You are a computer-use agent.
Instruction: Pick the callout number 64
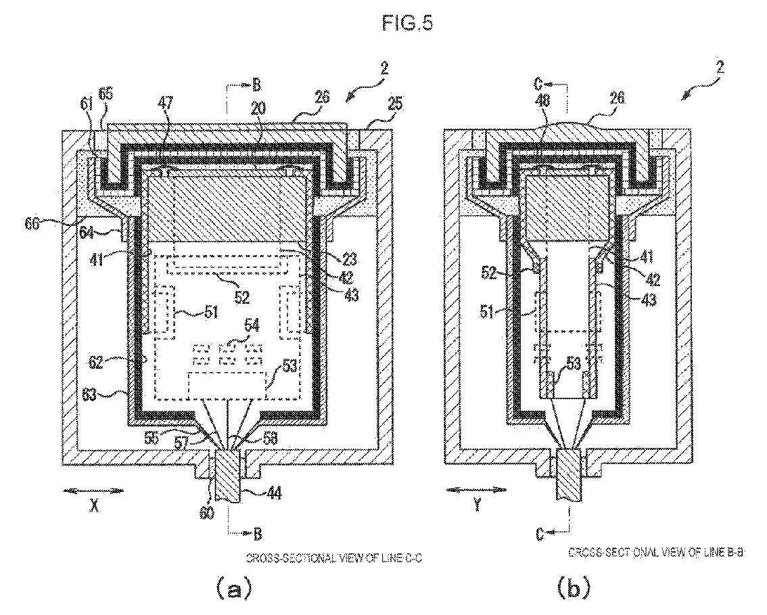[103, 234]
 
